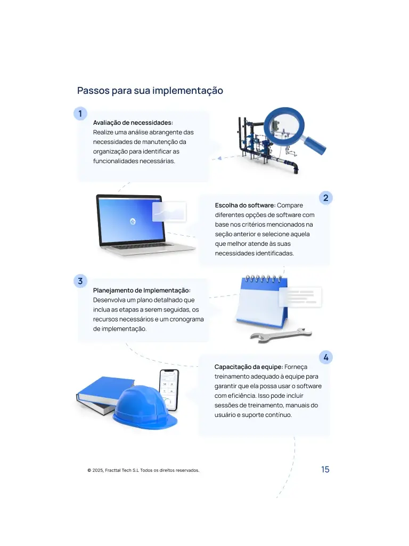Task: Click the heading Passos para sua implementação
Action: click(150, 91)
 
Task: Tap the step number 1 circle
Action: click(80, 114)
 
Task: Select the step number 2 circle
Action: click(325, 198)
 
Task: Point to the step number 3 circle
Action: click(80, 281)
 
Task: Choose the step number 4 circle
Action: click(325, 357)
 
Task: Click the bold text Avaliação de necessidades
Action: click(133, 123)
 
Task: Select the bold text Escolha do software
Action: click(245, 205)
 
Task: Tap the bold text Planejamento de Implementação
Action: click(141, 291)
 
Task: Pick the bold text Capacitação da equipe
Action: click(248, 367)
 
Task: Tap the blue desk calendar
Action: click(261, 301)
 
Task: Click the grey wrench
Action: click(281, 335)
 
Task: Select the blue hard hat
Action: click(144, 407)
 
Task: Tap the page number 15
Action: click(325, 470)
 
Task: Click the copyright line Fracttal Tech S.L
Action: click(143, 470)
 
